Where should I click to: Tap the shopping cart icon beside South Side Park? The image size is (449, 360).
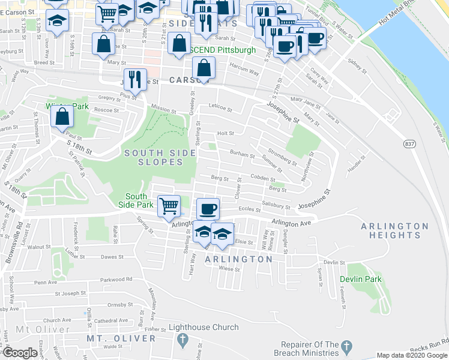[x=169, y=205]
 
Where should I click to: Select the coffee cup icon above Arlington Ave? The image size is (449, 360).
[x=208, y=208]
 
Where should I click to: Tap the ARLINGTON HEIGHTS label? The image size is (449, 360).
[x=395, y=230]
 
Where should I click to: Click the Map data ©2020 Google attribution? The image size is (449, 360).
[x=412, y=355]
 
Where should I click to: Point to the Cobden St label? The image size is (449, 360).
[x=262, y=178]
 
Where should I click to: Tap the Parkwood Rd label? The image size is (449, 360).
[x=116, y=279]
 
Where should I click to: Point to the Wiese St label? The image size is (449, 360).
[x=229, y=269]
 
